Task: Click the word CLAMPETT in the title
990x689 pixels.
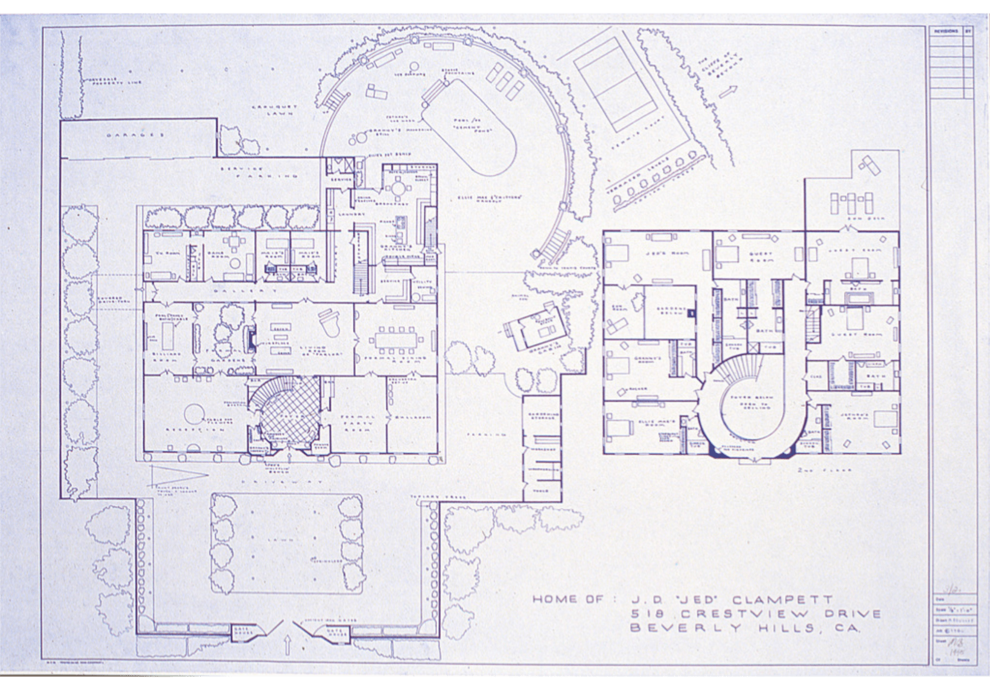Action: pyautogui.click(x=783, y=600)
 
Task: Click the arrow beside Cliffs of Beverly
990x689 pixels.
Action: pyautogui.click(x=728, y=91)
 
